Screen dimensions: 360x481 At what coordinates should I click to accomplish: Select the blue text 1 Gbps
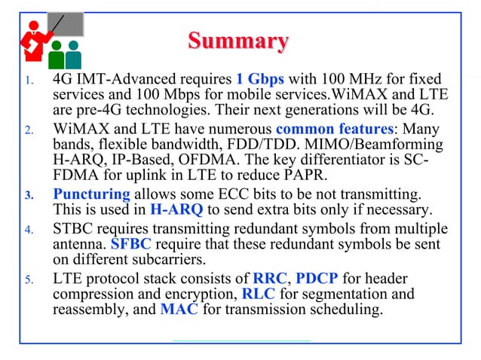pyautogui.click(x=262, y=79)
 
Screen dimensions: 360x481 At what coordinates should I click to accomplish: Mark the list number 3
pyautogui.click(x=27, y=195)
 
